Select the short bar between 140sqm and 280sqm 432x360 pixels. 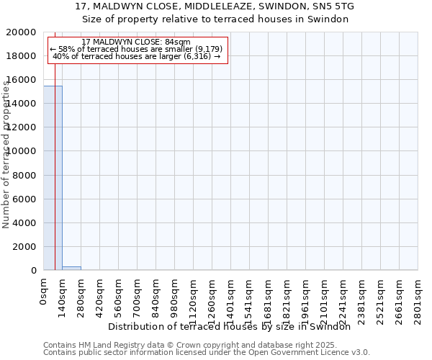tap(71, 268)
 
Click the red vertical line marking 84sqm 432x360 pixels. tap(55, 180)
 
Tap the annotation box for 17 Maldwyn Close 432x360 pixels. tap(138, 49)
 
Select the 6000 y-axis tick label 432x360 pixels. tap(27, 199)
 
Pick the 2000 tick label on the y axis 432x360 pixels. tap(27, 246)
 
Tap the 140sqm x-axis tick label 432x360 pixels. tap(63, 297)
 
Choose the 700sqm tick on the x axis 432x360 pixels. tap(138, 297)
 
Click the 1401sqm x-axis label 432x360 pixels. tap(231, 300)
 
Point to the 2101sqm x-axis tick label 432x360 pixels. tap(325, 300)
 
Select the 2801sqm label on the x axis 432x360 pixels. tap(418, 300)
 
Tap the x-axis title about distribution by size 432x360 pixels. tap(234, 326)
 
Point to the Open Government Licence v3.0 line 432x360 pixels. tap(207, 352)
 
